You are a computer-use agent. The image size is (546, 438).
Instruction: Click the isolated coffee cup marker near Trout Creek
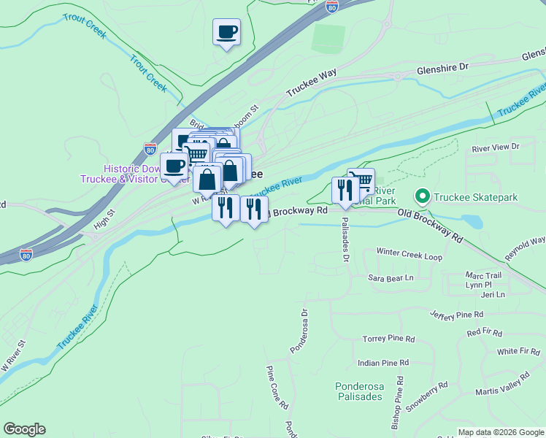(x=226, y=32)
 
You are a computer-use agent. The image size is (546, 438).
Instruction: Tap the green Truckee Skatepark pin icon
(x=421, y=197)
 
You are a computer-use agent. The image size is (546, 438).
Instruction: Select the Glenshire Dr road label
(x=442, y=68)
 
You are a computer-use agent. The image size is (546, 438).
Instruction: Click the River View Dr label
(x=495, y=147)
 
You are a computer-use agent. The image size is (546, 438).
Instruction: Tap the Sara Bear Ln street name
(x=391, y=278)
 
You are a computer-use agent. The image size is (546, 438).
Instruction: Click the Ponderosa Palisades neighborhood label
(x=358, y=391)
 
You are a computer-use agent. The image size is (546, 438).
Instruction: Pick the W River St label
(x=14, y=355)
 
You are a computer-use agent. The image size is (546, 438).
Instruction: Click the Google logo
(x=24, y=429)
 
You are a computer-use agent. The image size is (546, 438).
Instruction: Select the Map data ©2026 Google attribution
(x=501, y=432)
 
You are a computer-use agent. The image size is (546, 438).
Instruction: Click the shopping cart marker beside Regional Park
(x=362, y=180)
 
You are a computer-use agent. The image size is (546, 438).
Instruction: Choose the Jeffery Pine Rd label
(x=457, y=315)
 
